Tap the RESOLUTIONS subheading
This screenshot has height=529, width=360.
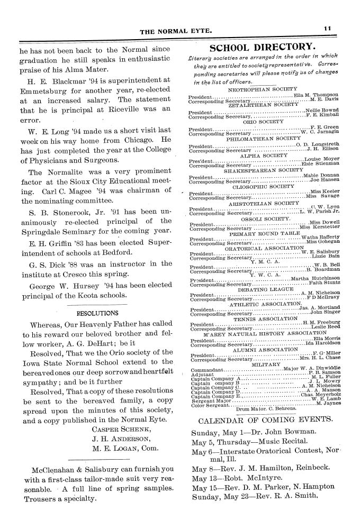click(98, 313)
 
